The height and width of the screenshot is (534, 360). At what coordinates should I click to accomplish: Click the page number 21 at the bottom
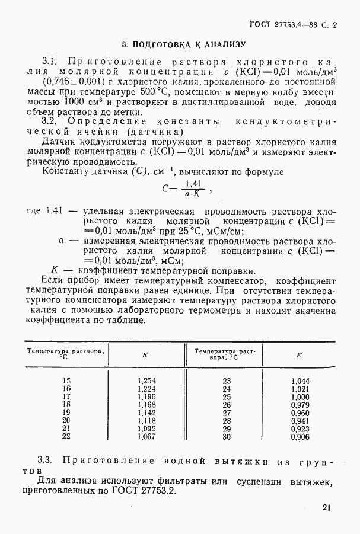tap(327, 507)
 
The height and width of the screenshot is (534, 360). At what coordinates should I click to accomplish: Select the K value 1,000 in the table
tap(300, 396)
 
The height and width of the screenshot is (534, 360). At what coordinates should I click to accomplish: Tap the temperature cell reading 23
tap(225, 381)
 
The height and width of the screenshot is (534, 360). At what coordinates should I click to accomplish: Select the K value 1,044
tap(300, 381)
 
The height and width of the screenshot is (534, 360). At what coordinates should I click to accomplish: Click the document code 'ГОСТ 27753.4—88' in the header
tap(281, 25)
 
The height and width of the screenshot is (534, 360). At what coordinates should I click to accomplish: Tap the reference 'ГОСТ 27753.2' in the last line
tap(146, 491)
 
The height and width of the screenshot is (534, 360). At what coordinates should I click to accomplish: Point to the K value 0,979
tap(300, 405)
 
